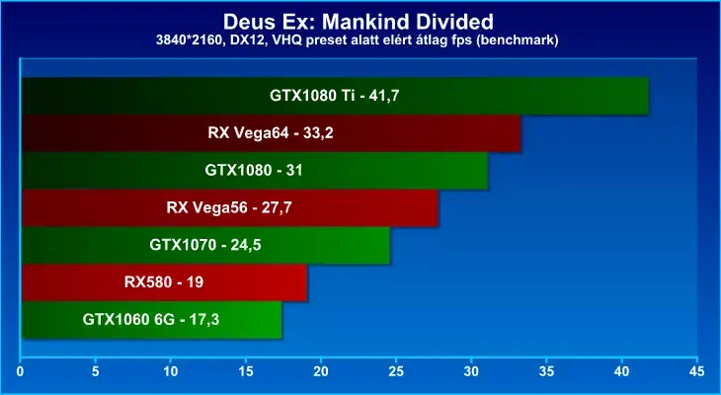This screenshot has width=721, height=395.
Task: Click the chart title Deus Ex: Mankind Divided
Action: (x=359, y=22)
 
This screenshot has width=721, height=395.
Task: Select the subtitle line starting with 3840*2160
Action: (x=358, y=40)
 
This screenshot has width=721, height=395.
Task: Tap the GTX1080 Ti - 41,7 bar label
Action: (x=334, y=96)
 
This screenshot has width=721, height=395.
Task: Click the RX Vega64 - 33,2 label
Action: (x=271, y=133)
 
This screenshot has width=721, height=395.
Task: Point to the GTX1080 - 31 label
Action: (x=254, y=170)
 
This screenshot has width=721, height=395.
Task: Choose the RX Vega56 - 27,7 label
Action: (x=229, y=207)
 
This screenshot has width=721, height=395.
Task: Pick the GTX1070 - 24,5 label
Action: (x=205, y=245)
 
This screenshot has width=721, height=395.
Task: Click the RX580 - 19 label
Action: (x=164, y=281)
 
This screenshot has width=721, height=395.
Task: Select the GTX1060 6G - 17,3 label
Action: (x=151, y=319)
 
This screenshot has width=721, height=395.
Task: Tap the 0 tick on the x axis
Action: (x=20, y=371)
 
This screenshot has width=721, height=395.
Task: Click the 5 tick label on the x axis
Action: (x=95, y=371)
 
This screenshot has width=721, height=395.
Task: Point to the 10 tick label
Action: (x=171, y=371)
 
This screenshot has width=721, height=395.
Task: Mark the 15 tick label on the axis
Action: (x=246, y=371)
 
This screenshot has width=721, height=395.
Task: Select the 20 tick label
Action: (x=321, y=371)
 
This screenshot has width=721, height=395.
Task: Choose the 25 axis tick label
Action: (x=396, y=371)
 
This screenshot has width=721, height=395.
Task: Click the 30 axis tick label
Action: (x=471, y=371)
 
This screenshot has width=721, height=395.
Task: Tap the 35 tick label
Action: (x=547, y=371)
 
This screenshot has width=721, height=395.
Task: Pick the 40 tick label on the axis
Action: (x=621, y=371)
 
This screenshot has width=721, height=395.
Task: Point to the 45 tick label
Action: (x=697, y=371)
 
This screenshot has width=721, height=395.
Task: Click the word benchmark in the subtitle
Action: (x=523, y=40)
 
